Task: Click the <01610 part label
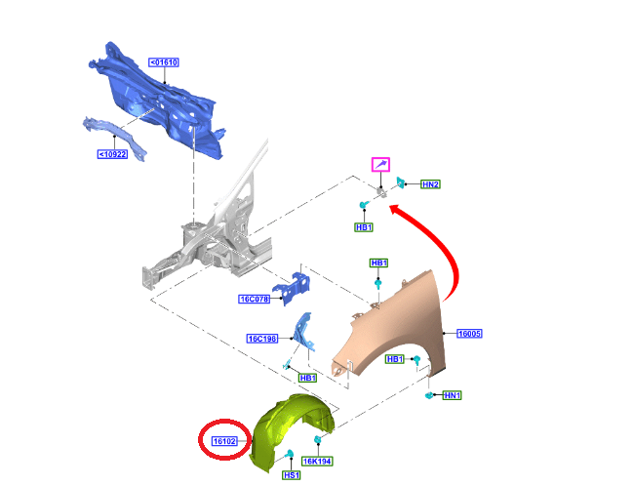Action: coord(164,62)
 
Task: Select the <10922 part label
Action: coord(112,154)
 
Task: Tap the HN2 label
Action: coord(430,184)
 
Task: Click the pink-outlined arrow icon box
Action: coord(380,165)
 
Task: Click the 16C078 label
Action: coord(254,299)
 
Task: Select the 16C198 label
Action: coord(262,339)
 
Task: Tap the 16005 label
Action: coord(469,334)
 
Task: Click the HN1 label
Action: coord(452,395)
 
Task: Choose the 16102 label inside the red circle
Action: coord(224,441)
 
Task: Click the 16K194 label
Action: coord(317,461)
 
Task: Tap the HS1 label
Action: coord(291,475)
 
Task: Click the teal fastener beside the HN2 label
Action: coord(400,182)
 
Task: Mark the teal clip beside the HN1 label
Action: coord(429,395)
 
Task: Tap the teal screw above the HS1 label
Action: coord(290,454)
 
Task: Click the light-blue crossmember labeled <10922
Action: coord(114,136)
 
